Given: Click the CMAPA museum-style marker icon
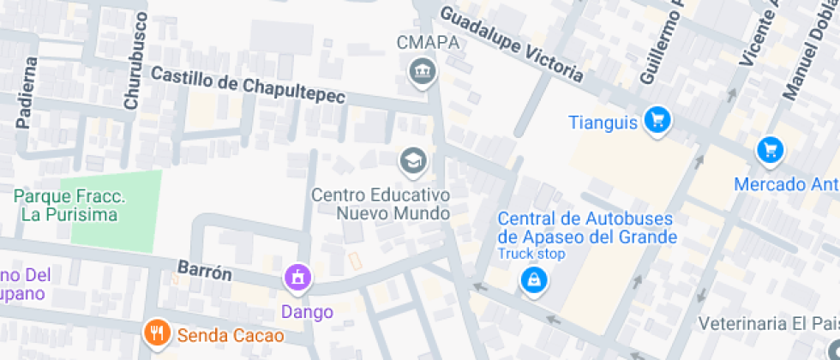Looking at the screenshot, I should coord(421,70).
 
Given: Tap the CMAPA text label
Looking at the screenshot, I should coord(429,42).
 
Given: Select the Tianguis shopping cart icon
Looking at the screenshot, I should coord(657,120).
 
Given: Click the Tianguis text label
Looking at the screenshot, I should coord(603,123).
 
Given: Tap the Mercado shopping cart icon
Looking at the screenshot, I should coord(770,151).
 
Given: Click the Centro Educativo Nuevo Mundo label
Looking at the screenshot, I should coord(380,204).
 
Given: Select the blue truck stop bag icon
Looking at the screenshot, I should coord(533,279).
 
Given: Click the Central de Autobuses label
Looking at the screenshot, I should coord(587,228).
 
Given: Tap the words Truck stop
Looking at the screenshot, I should coord(531,254).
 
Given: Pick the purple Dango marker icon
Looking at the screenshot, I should coord(297,277).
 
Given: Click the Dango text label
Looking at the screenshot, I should coord(307,312).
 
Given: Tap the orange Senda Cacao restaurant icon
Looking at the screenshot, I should coord(156,333).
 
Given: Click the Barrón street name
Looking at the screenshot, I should coord(204,271).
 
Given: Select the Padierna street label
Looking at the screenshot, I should coord(27,92).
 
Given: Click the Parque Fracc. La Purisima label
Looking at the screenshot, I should coord(69,206).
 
